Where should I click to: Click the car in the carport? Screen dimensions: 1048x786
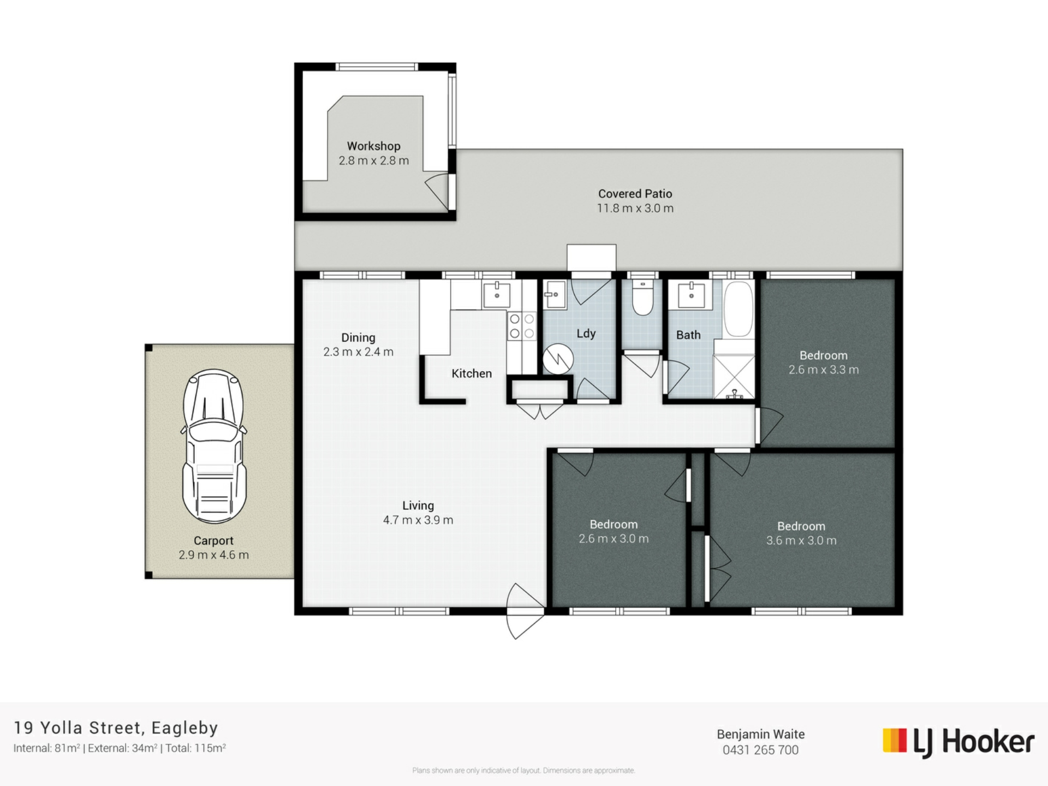click(x=214, y=446)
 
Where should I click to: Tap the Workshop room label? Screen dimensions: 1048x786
click(x=374, y=146)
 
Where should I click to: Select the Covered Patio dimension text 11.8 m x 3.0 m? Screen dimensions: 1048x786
click(x=635, y=209)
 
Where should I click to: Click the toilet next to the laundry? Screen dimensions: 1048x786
click(x=643, y=298)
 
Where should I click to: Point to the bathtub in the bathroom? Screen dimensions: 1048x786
click(x=739, y=309)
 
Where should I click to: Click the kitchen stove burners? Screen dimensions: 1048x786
click(x=521, y=326)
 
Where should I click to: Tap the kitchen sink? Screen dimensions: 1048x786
click(x=496, y=295)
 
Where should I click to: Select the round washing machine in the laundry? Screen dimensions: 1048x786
click(x=558, y=359)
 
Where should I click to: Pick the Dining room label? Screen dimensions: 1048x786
click(x=358, y=338)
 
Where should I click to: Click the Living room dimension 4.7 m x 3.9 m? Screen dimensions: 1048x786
click(x=418, y=520)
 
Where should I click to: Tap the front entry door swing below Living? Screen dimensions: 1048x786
click(x=526, y=611)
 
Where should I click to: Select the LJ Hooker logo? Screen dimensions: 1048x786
click(x=958, y=742)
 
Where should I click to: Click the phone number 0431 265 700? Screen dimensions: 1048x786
click(x=760, y=751)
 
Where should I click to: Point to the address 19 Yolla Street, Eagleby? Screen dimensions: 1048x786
click(x=116, y=728)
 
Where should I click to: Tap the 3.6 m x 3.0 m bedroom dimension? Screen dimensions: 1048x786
click(x=801, y=541)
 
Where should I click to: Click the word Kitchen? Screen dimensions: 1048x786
click(x=472, y=374)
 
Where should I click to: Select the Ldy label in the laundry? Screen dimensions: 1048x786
click(x=586, y=334)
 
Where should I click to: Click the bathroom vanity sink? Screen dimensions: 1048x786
click(x=691, y=295)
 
